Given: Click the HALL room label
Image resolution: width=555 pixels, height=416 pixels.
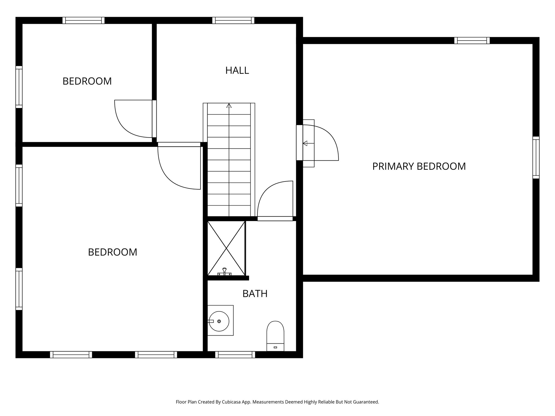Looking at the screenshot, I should pos(237,70).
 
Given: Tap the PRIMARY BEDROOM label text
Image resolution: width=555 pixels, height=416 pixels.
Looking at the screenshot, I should pos(419,166).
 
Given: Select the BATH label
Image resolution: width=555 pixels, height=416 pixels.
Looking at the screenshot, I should pos(255,294).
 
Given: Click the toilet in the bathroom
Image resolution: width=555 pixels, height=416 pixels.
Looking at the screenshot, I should pos(275,336).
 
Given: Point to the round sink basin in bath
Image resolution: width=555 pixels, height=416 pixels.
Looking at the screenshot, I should pos(219,321).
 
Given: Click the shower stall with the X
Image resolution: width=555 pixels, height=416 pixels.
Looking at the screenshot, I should pos(226,248).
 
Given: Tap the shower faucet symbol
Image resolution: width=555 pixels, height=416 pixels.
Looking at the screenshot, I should pos(224,272).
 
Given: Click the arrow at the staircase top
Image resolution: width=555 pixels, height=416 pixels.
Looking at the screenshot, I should pos(229,106).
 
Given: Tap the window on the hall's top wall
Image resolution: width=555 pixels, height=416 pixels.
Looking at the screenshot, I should pos(233,20).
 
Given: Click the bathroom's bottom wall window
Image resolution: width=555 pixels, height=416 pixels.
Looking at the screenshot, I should pos(235,355).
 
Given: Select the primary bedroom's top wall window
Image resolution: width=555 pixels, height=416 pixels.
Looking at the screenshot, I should pos(472,41).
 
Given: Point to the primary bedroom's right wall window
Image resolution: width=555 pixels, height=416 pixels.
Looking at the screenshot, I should pos(536,157).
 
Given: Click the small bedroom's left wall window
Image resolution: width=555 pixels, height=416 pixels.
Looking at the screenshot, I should pos(19,87).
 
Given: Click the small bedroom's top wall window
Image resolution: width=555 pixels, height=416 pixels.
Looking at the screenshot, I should pos(83,20).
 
